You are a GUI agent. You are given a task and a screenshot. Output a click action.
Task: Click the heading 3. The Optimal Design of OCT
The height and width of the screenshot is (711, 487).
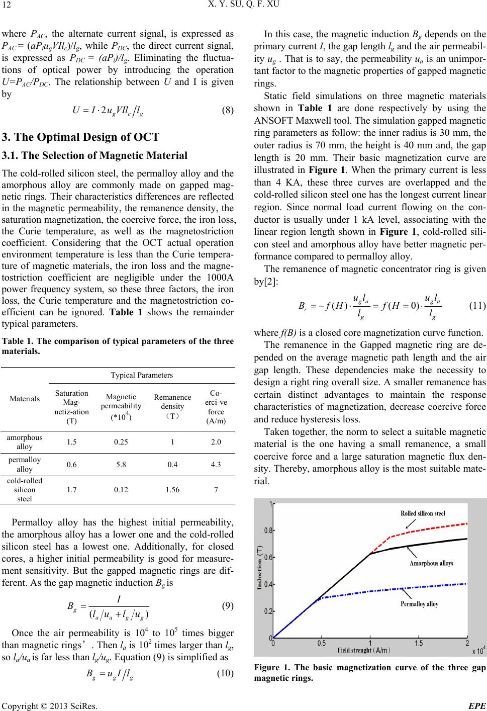pyautogui.click(x=81, y=137)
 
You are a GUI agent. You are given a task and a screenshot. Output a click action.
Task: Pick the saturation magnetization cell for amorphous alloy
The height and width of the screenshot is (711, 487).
pyautogui.click(x=72, y=442)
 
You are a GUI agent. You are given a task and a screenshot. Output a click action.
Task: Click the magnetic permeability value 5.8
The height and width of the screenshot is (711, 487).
pyautogui.click(x=121, y=465)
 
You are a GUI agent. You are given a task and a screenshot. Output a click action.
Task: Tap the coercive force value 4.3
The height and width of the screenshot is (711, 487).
pyautogui.click(x=216, y=465)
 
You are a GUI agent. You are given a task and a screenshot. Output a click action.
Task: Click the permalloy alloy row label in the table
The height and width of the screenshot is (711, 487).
pyautogui.click(x=25, y=465)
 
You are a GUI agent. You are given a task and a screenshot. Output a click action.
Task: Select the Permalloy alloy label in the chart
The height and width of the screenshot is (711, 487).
pyautogui.click(x=420, y=604)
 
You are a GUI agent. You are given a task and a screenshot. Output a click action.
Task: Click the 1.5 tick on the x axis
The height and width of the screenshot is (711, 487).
pyautogui.click(x=418, y=643)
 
